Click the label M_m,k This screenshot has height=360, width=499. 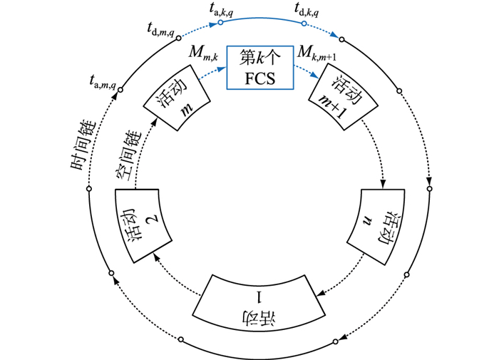pos(203,52)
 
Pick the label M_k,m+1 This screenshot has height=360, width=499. pos(317,52)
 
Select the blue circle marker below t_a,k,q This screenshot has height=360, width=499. pos(220,23)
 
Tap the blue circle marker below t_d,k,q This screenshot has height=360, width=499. pos(304,24)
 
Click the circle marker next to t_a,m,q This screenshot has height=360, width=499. pos(120,89)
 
